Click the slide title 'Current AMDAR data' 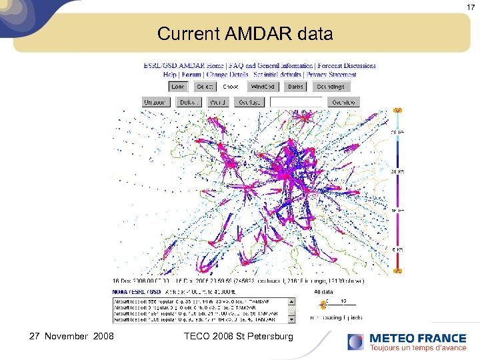[245, 33]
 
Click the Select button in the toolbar [205, 87]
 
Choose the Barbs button [295, 87]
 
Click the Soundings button [331, 87]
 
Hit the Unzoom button [157, 103]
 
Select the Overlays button [248, 103]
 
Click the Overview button [343, 103]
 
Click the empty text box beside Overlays [296, 103]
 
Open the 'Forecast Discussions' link [347, 66]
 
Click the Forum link [191, 74]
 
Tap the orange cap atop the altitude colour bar [398, 110]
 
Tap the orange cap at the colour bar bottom [398, 271]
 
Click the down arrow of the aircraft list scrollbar [292, 320]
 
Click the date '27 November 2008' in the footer [71, 337]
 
